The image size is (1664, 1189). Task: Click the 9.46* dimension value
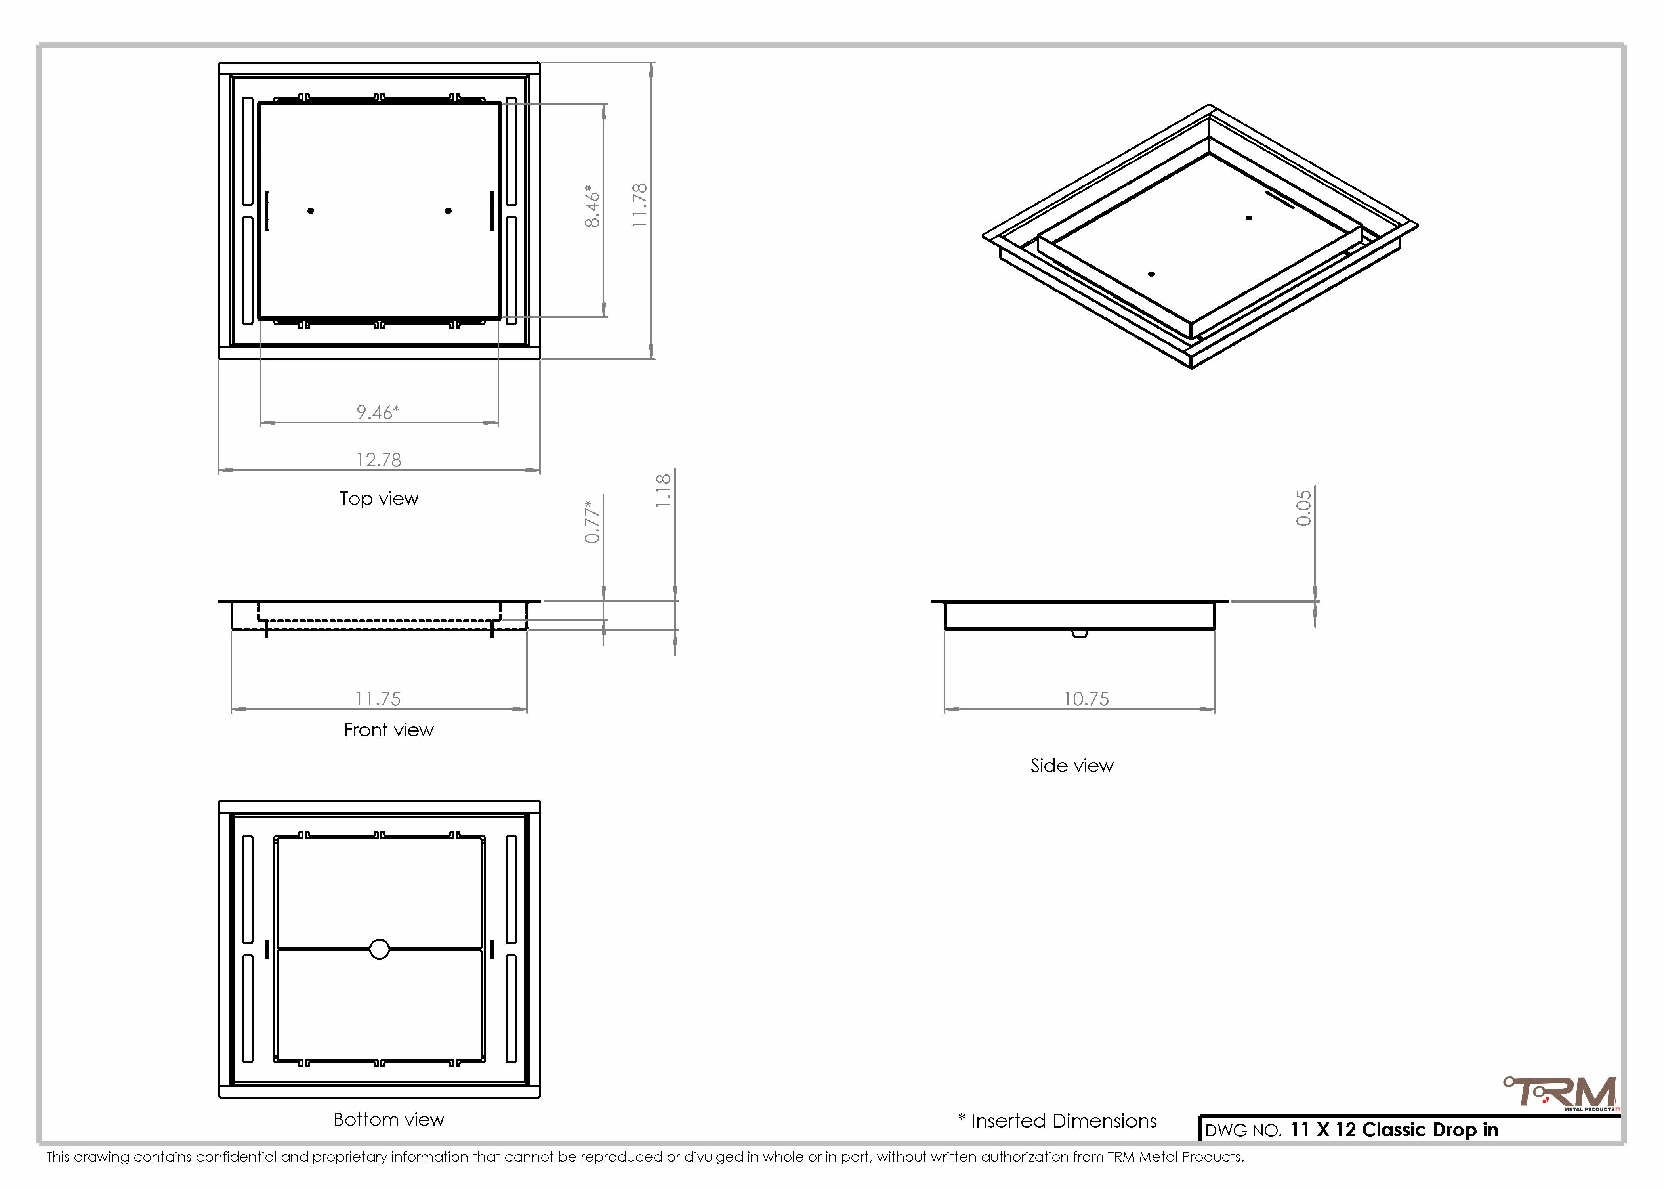[378, 412]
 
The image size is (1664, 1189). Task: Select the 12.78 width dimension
[378, 460]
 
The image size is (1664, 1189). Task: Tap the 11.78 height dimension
[639, 205]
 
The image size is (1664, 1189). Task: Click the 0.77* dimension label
[593, 521]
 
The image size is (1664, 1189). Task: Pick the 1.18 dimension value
[663, 491]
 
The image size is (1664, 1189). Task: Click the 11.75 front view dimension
[378, 699]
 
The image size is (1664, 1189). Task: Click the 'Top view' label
[379, 499]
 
